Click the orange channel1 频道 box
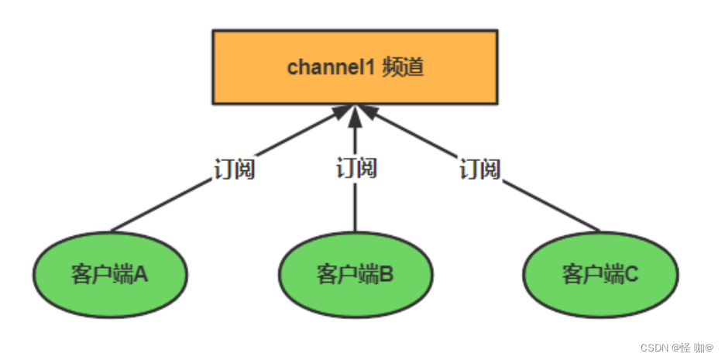pos(355,67)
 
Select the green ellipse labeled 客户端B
pos(355,274)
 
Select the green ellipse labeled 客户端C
pos(600,274)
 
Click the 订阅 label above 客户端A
pos(234,169)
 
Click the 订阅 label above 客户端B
pos(356,167)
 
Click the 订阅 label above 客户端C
pos(479,169)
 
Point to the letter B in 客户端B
pos(387,274)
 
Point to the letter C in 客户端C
pos(632,274)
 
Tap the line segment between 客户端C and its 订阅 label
pos(551,206)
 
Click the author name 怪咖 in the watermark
pos(695,348)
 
